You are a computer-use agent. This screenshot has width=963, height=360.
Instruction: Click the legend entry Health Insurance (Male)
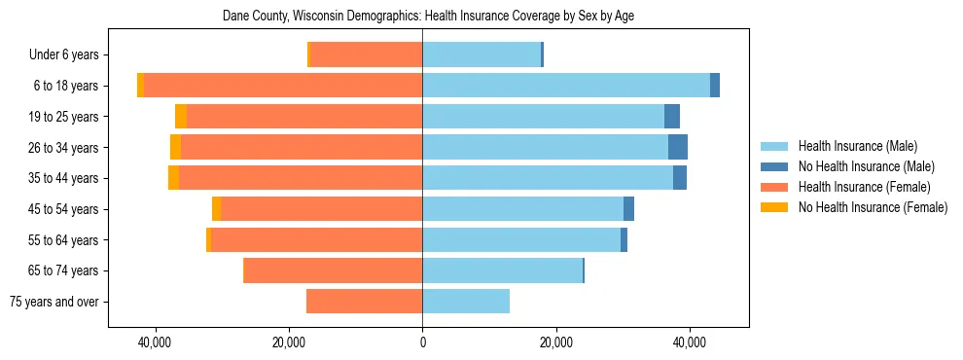[x=856, y=146]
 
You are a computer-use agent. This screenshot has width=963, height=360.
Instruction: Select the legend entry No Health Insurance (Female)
[x=873, y=207]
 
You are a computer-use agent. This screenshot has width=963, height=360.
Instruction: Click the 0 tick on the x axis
[x=422, y=343]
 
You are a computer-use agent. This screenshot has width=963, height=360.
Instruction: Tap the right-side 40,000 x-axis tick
[x=690, y=343]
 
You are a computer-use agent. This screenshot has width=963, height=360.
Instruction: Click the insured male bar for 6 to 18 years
[x=566, y=86]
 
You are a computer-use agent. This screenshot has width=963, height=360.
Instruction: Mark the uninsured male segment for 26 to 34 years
[x=678, y=147]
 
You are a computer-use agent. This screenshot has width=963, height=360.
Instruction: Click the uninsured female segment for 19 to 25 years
[x=181, y=117]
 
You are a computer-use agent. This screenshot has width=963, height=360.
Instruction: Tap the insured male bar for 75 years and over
[x=466, y=302]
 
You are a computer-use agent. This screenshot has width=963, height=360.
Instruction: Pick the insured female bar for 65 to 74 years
[x=333, y=270]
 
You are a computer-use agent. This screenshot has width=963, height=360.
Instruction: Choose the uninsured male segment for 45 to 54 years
[x=629, y=209]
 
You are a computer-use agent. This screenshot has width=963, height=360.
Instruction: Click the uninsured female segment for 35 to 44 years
[x=173, y=178]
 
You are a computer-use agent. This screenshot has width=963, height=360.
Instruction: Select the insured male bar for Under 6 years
[x=481, y=55]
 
